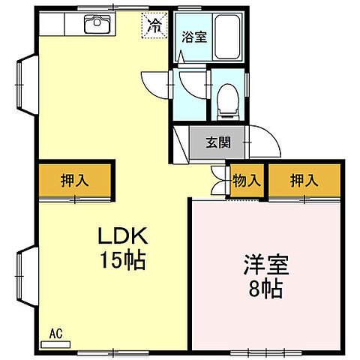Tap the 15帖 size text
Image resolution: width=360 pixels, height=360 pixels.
[x=124, y=261]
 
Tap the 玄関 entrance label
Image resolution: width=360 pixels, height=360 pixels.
[x=219, y=142]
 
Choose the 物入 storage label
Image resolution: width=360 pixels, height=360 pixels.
[x=247, y=181]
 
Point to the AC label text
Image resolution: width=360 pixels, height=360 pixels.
[x=56, y=331]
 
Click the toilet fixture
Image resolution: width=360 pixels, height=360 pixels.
[x=225, y=102]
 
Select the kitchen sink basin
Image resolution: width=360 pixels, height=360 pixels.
[x=96, y=25]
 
